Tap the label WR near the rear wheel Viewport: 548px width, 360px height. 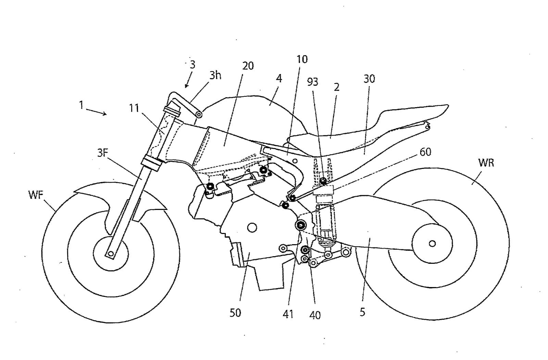[x=486, y=163]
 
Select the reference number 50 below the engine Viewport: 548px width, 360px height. [x=235, y=313]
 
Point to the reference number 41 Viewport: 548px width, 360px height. [x=288, y=314]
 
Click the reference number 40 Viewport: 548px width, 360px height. [x=314, y=315]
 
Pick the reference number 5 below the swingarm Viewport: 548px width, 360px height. [x=362, y=312]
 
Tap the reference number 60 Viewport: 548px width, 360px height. [x=425, y=152]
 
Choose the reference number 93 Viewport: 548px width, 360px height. [x=312, y=82]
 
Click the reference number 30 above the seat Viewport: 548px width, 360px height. [x=369, y=79]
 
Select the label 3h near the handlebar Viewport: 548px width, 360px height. [x=215, y=75]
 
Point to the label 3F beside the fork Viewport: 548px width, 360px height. [x=102, y=153]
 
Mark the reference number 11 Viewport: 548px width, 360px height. [x=134, y=108]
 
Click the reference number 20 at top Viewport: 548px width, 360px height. [x=248, y=66]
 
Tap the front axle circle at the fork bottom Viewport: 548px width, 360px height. [x=110, y=253]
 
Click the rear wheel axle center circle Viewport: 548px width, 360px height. [x=432, y=244]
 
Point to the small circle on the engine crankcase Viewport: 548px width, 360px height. [x=252, y=227]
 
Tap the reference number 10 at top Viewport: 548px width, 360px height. [x=302, y=59]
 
